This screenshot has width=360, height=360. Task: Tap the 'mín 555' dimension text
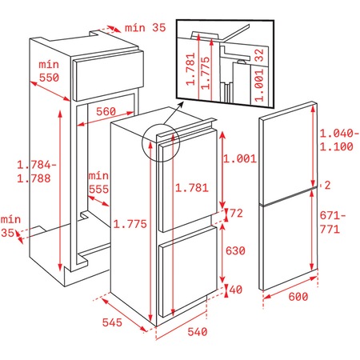[x=98, y=181]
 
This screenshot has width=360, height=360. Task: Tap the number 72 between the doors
[x=238, y=214]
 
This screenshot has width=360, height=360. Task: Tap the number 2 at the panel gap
[x=326, y=186]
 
